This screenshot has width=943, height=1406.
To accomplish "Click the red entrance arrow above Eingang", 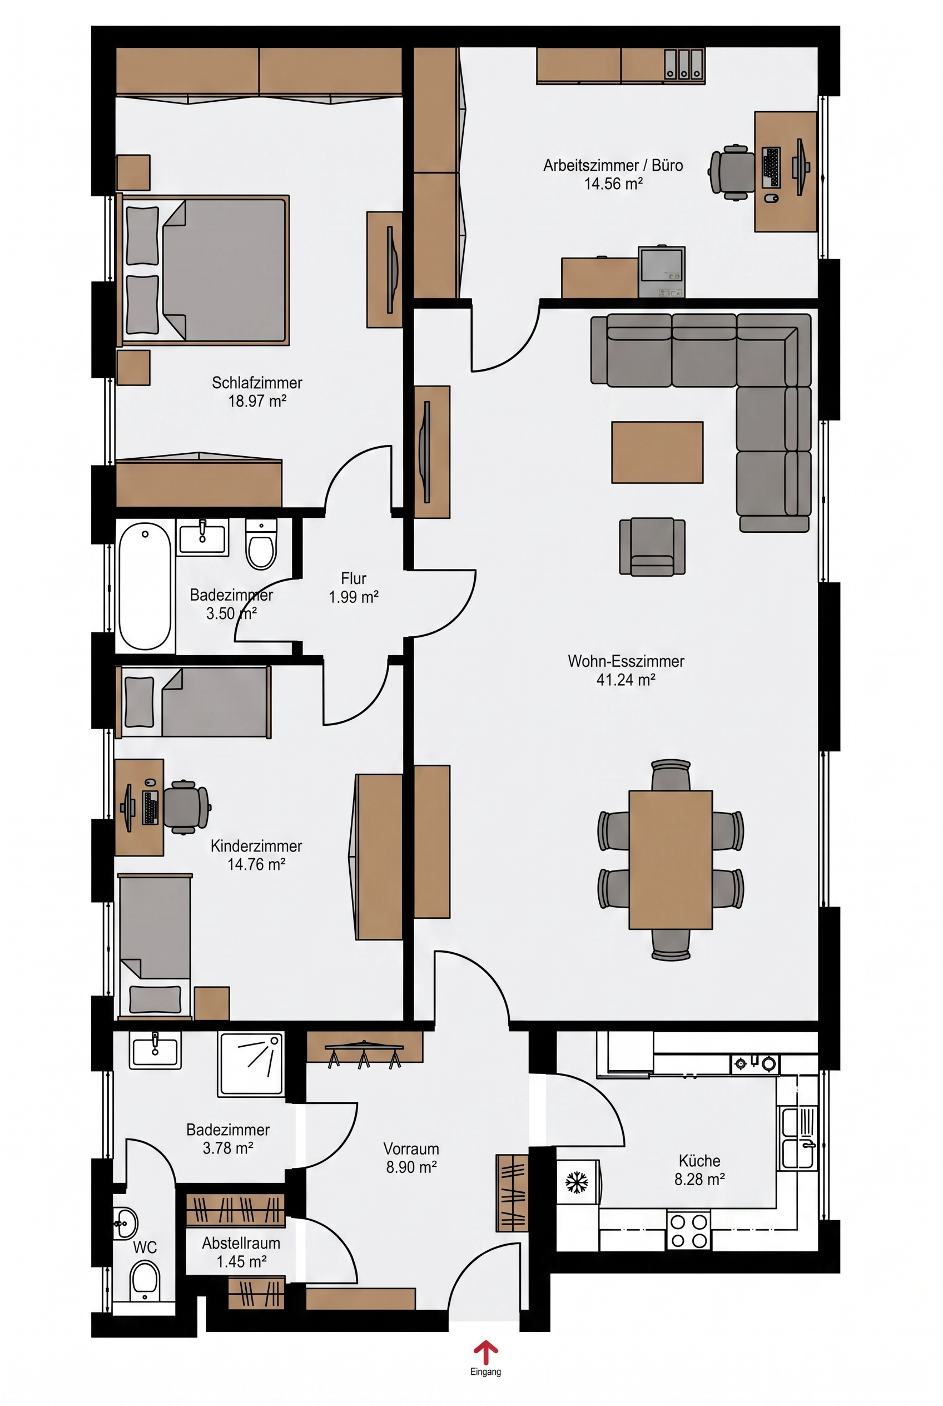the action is coord(485,1353).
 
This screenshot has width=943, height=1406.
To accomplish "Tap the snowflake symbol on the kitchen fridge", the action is coord(576,1183).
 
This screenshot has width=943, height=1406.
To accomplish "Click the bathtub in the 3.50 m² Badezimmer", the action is coord(145,587).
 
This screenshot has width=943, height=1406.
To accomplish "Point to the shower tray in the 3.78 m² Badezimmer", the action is coord(251,1065).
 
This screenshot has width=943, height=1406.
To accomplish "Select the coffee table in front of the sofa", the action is coord(657,452).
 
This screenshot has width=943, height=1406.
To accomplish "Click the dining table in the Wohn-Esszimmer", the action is coord(671,860).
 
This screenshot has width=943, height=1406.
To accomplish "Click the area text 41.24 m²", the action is coord(626,680).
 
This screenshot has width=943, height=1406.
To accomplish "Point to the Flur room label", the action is coord(354,579).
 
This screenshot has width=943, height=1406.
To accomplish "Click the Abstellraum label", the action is coord(241,1243).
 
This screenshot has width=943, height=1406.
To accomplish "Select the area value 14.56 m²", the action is coord(613,184).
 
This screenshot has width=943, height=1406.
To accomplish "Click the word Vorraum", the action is coord(411,1148).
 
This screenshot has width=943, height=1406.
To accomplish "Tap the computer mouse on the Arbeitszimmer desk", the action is coord(771,198).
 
